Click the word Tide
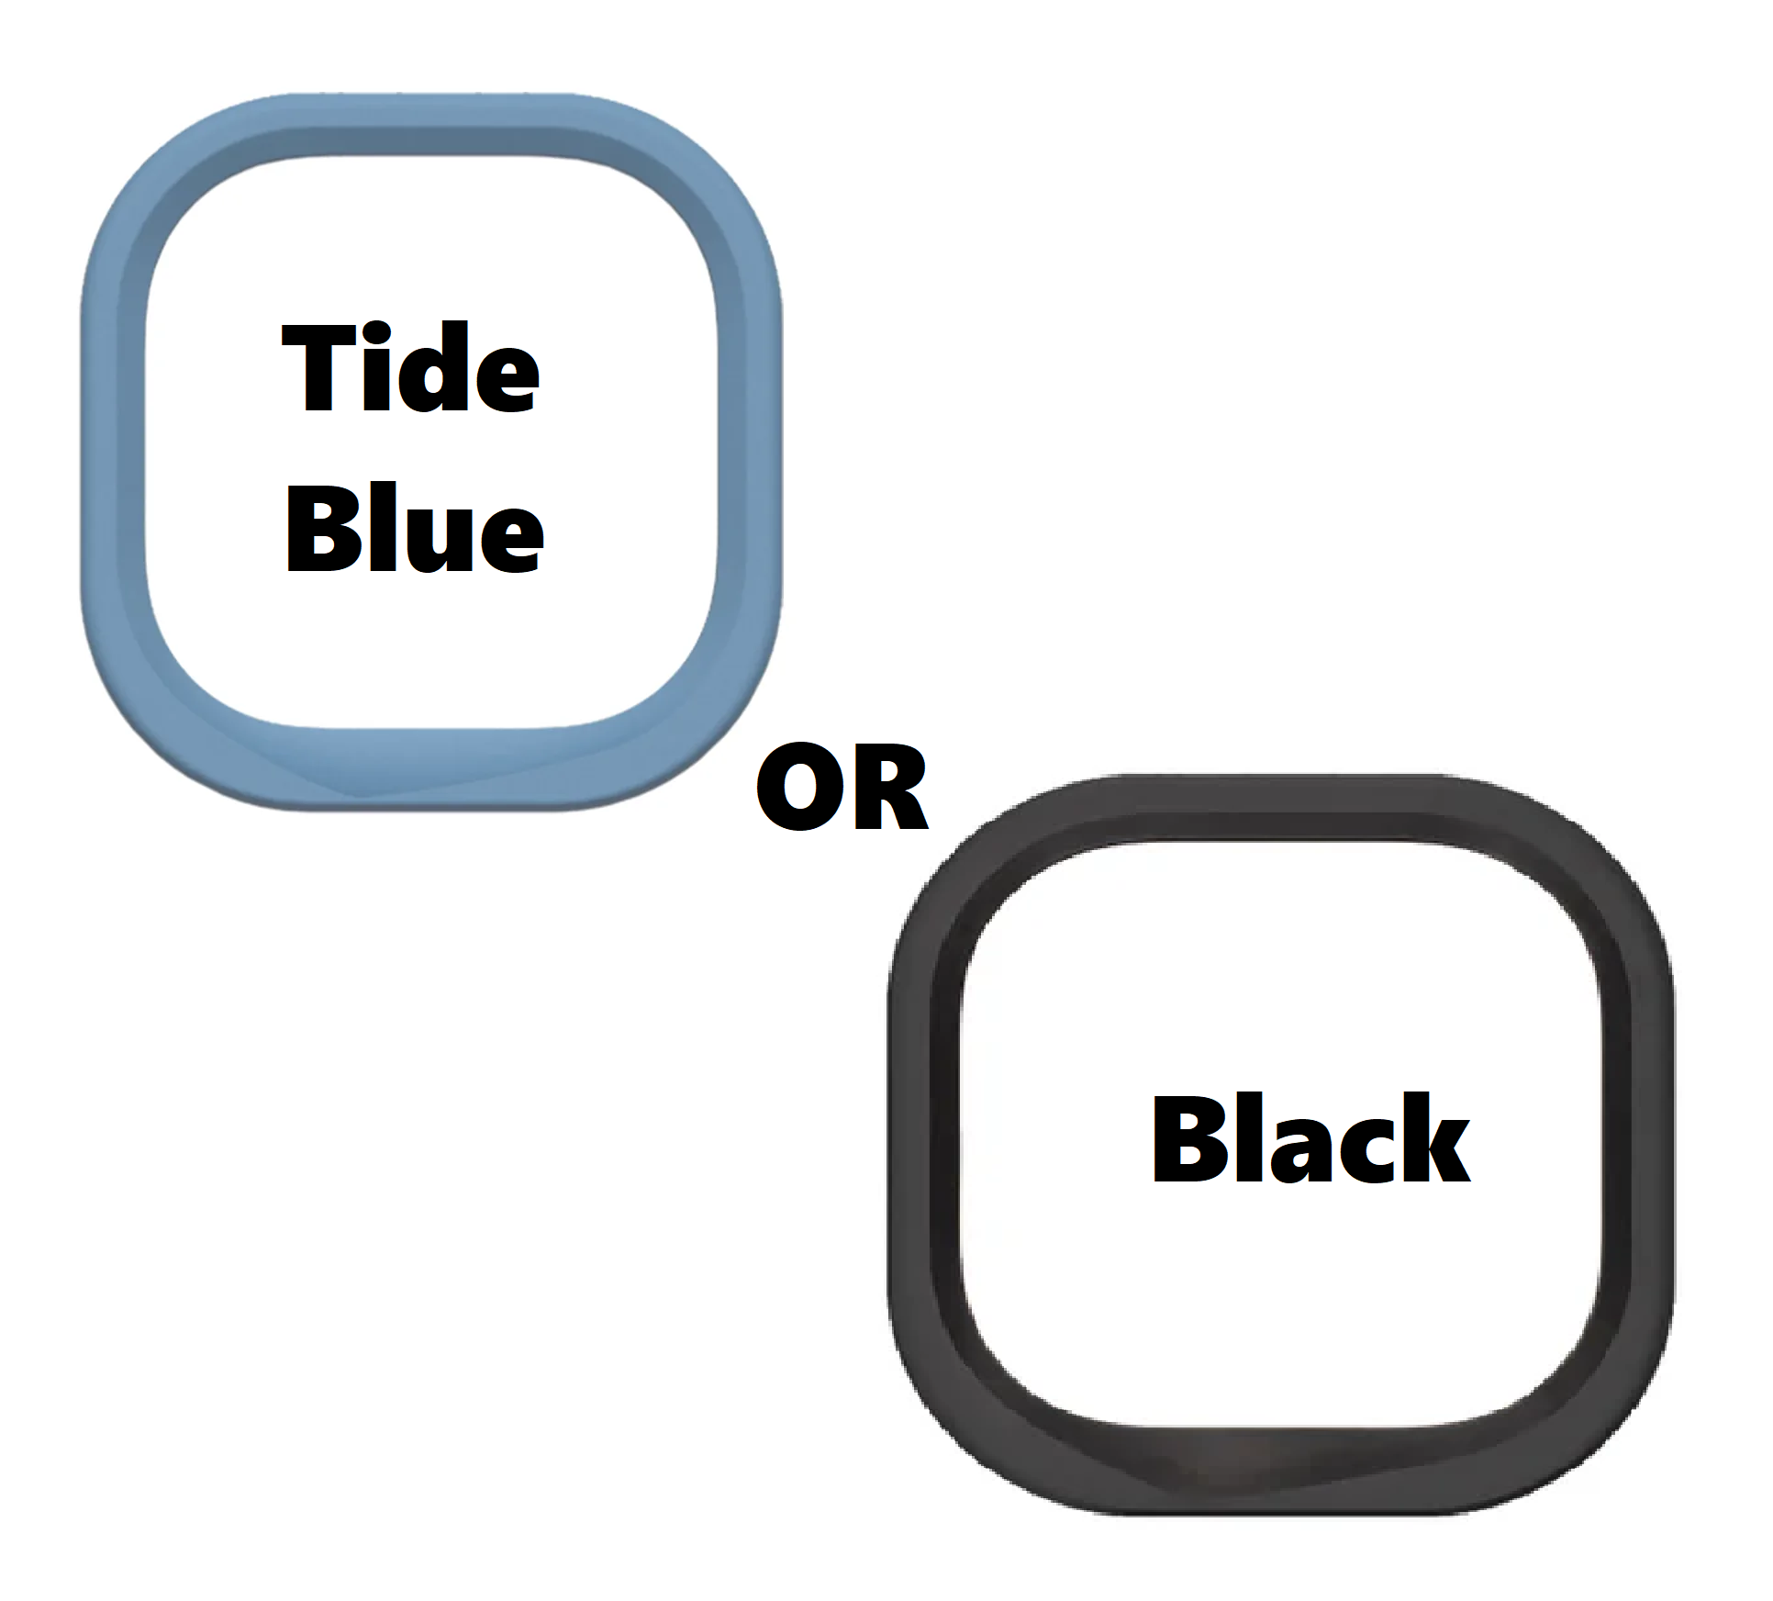click(410, 369)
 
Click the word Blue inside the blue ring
click(415, 528)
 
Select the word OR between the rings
click(842, 788)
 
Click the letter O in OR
click(797, 788)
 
